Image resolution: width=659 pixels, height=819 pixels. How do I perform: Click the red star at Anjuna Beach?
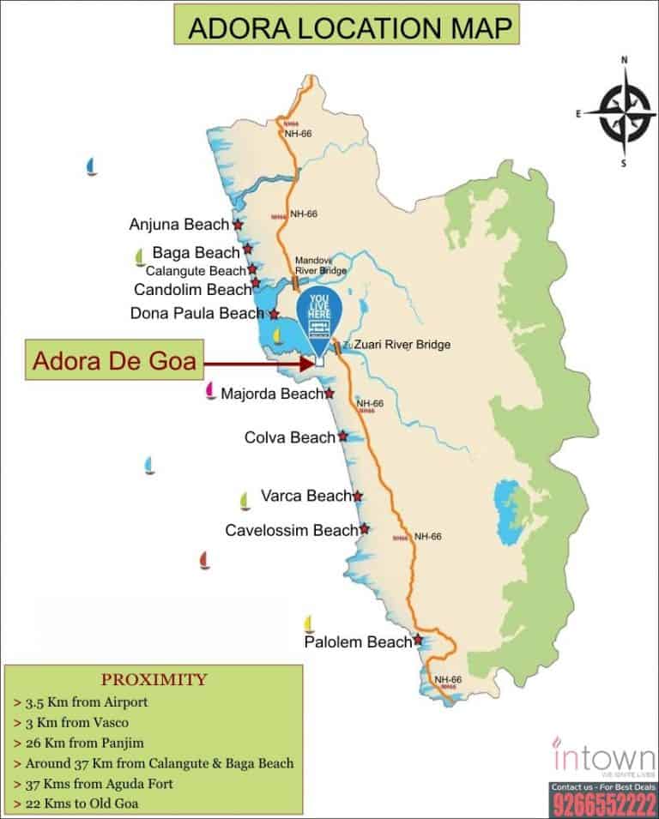point(238,225)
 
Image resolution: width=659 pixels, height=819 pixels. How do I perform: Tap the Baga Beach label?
point(196,252)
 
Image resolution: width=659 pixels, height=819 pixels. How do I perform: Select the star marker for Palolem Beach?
point(418,640)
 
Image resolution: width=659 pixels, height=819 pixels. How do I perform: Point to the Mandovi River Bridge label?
point(320,265)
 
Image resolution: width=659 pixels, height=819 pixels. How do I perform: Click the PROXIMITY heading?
point(154,680)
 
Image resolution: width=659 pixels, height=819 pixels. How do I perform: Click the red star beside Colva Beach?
point(343,437)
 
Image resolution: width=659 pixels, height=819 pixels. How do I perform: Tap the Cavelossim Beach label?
point(290,530)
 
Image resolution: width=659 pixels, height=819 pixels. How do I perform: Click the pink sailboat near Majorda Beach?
point(209,392)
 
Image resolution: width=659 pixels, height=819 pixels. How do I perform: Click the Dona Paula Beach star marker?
point(274,315)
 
